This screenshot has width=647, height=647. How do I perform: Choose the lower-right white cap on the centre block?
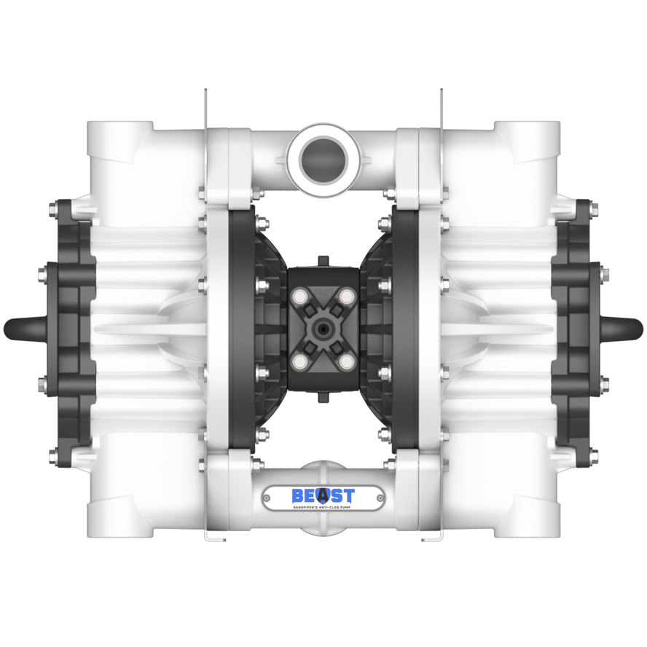(345, 360)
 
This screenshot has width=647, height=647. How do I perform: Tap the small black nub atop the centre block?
(323, 260)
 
